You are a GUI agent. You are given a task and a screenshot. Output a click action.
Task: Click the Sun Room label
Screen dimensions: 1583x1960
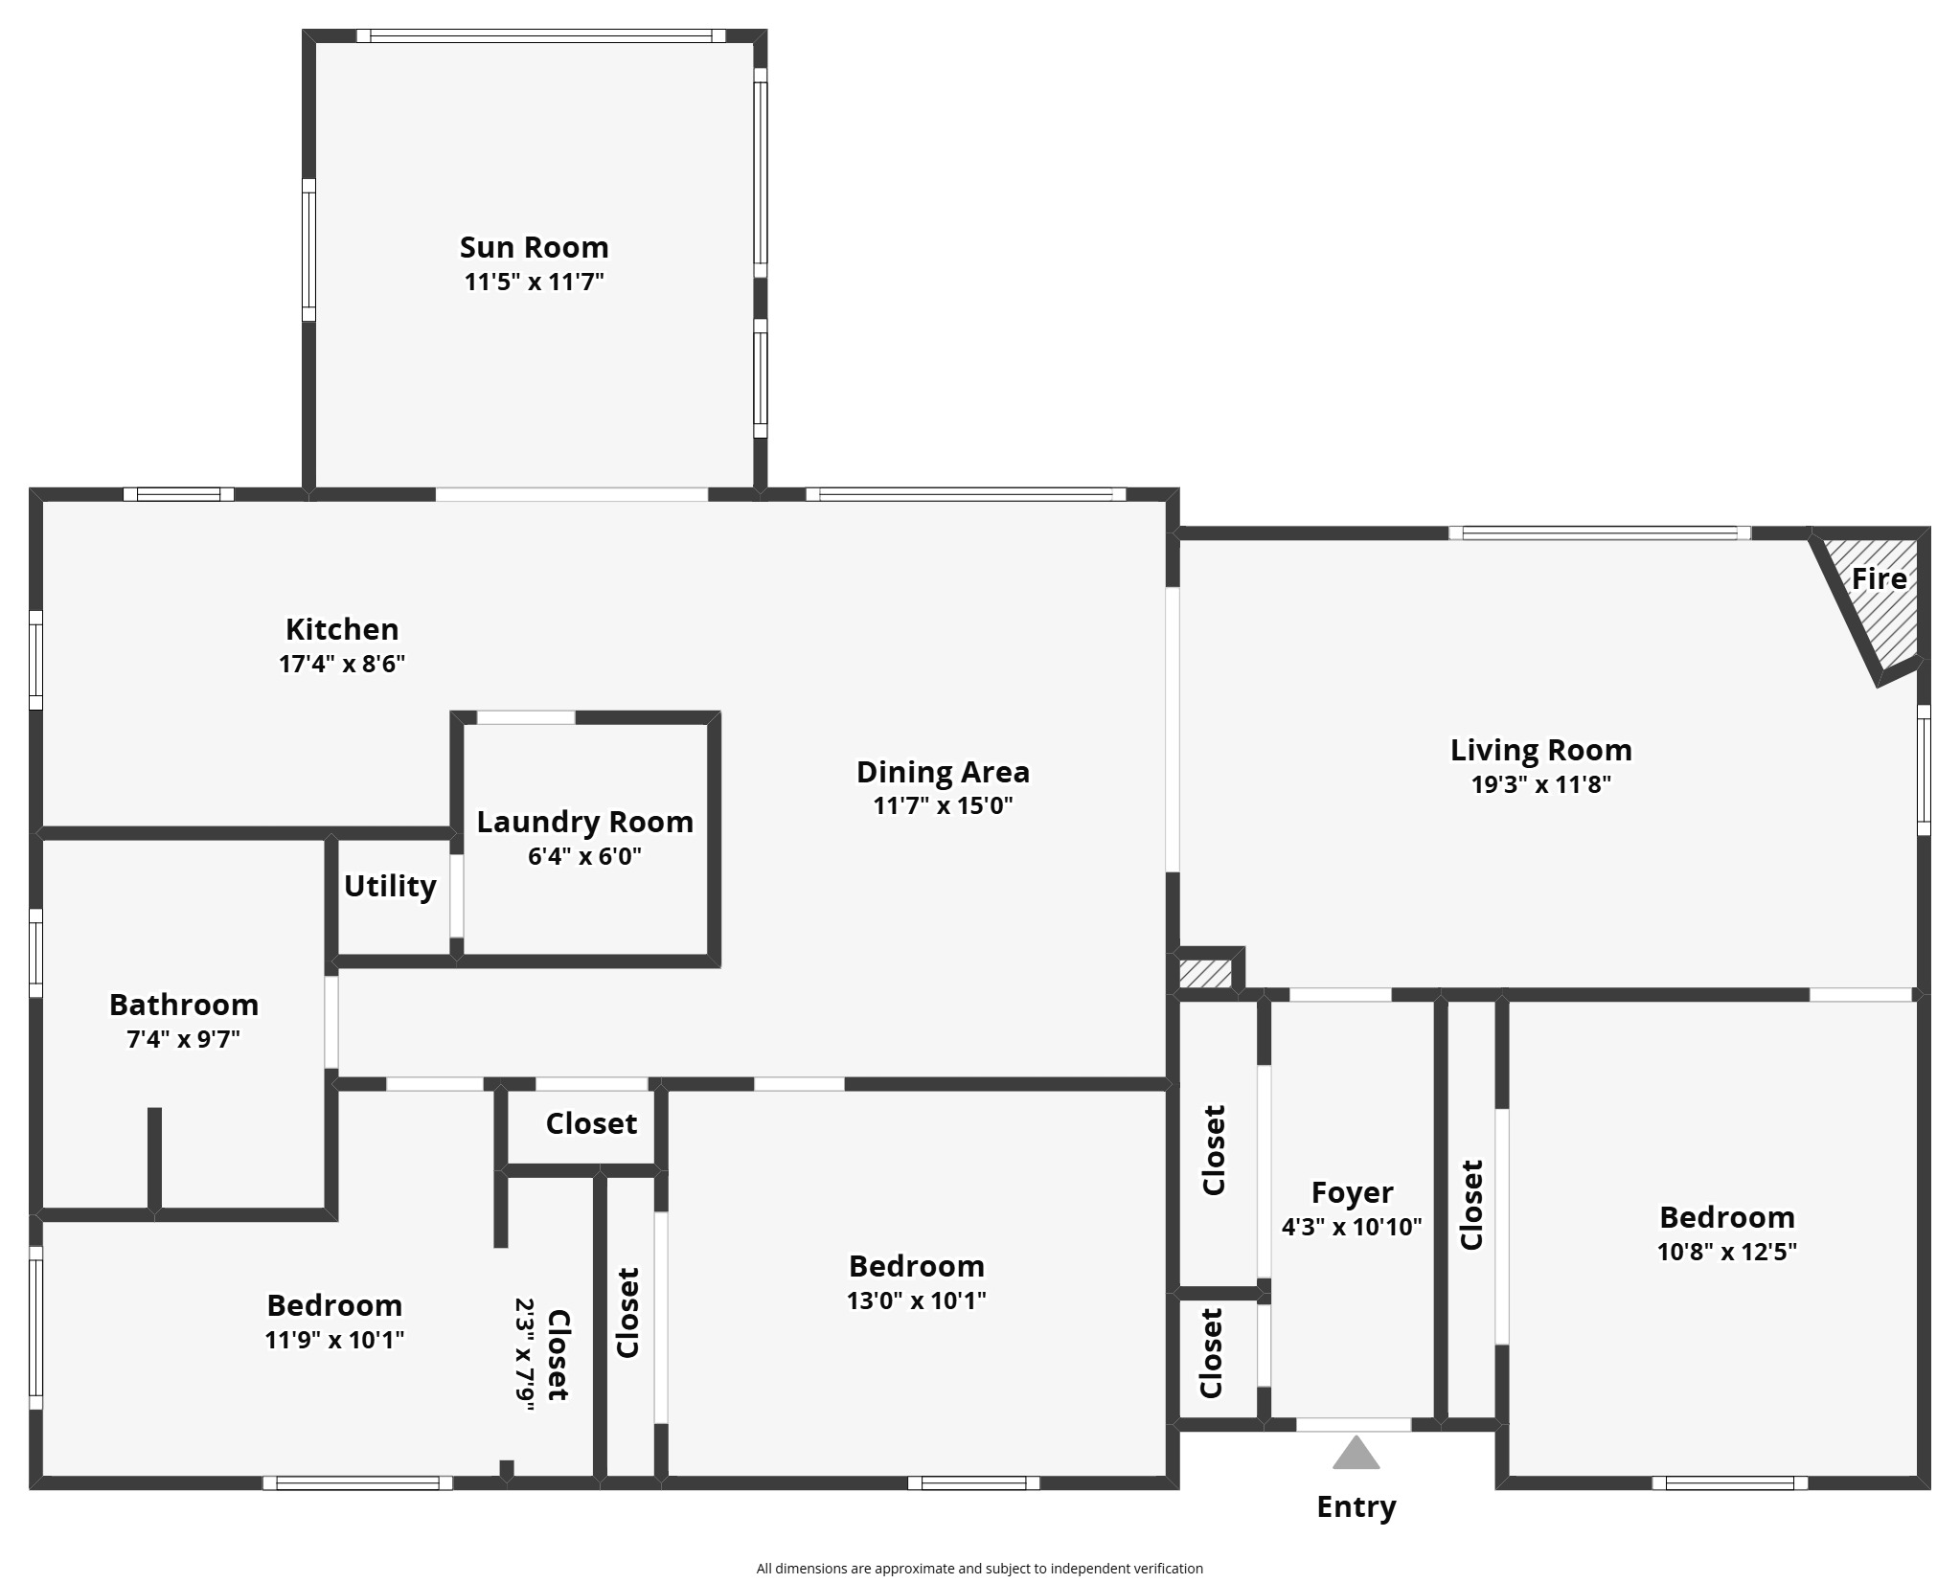pyautogui.click(x=534, y=247)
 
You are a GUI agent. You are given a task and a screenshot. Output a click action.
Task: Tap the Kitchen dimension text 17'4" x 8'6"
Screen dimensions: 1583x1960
pyautogui.click(x=342, y=664)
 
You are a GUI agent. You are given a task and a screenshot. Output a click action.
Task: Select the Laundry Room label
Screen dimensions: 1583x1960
pyautogui.click(x=584, y=822)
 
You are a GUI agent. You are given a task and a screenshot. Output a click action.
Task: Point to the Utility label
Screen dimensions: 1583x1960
pyautogui.click(x=390, y=886)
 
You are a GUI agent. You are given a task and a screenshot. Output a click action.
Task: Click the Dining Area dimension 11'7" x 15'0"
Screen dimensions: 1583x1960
pyautogui.click(x=943, y=805)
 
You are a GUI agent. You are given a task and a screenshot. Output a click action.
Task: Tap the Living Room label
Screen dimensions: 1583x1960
pyautogui.click(x=1540, y=750)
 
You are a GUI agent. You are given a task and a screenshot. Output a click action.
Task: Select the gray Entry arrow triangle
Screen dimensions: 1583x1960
pyautogui.click(x=1356, y=1454)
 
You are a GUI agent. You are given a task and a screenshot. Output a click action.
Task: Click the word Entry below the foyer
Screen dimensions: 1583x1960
pyautogui.click(x=1356, y=1506)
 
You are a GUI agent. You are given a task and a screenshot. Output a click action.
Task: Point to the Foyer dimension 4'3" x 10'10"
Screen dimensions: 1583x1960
pyautogui.click(x=1352, y=1227)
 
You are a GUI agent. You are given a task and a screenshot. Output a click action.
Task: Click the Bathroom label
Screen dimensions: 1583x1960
pyautogui.click(x=184, y=1005)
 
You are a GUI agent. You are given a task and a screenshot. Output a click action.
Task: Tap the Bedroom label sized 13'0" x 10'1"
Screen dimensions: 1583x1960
pyautogui.click(x=917, y=1266)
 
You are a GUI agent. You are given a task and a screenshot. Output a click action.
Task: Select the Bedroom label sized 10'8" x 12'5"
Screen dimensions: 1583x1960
pyautogui.click(x=1726, y=1217)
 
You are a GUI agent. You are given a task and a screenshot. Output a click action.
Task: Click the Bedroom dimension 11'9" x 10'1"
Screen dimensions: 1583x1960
pyautogui.click(x=334, y=1340)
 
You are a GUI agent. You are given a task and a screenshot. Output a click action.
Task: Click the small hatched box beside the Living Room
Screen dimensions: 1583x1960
pyautogui.click(x=1204, y=974)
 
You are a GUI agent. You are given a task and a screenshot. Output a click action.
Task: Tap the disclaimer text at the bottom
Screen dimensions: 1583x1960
pyautogui.click(x=979, y=1569)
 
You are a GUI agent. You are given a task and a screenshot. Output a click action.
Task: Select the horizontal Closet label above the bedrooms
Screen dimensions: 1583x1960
pyautogui.click(x=591, y=1123)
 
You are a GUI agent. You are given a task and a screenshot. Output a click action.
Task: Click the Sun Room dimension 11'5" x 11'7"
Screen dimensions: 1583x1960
pyautogui.click(x=534, y=282)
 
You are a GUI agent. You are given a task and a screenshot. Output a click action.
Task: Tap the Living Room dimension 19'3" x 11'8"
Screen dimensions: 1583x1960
pyautogui.click(x=1540, y=784)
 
